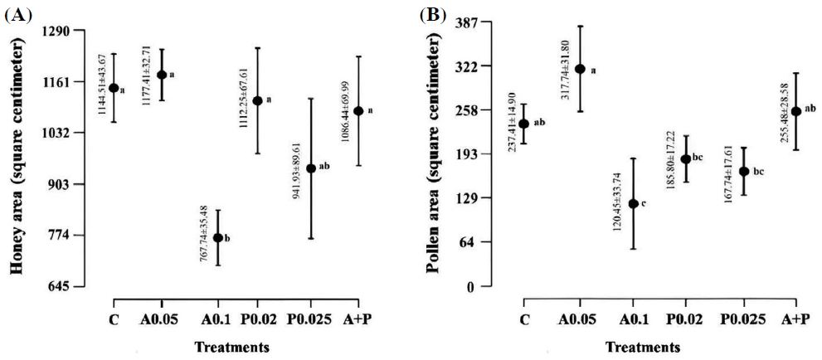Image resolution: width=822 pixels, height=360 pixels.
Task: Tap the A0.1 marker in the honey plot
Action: [x=218, y=237]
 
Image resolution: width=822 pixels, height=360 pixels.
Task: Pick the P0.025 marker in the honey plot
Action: [x=311, y=168]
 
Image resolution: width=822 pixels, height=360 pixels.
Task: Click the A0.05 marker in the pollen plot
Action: [x=580, y=69]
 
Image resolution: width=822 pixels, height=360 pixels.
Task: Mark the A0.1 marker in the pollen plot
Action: [x=633, y=203]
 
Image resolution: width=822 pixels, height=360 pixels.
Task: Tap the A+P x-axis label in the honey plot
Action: [x=358, y=318]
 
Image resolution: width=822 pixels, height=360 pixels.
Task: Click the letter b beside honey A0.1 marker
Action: [x=227, y=238]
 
